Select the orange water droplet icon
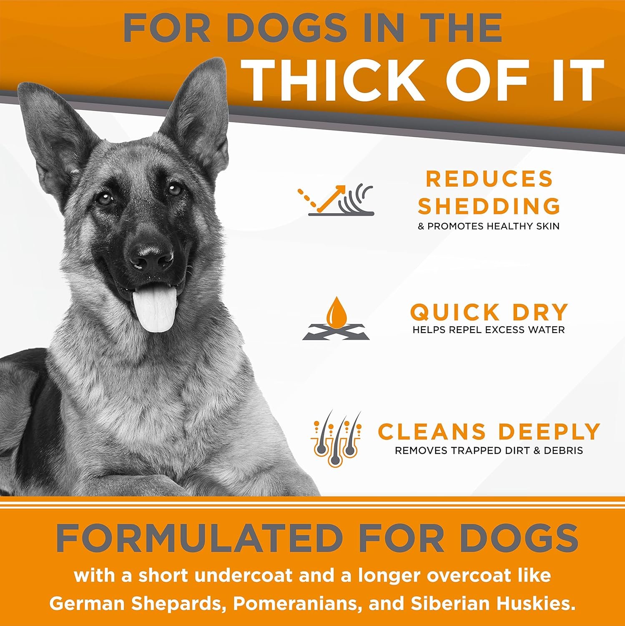click(336, 313)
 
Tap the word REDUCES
click(489, 179)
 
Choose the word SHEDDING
click(489, 206)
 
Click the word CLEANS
click(432, 432)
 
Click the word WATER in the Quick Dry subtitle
click(545, 330)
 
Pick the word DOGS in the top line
click(286, 28)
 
